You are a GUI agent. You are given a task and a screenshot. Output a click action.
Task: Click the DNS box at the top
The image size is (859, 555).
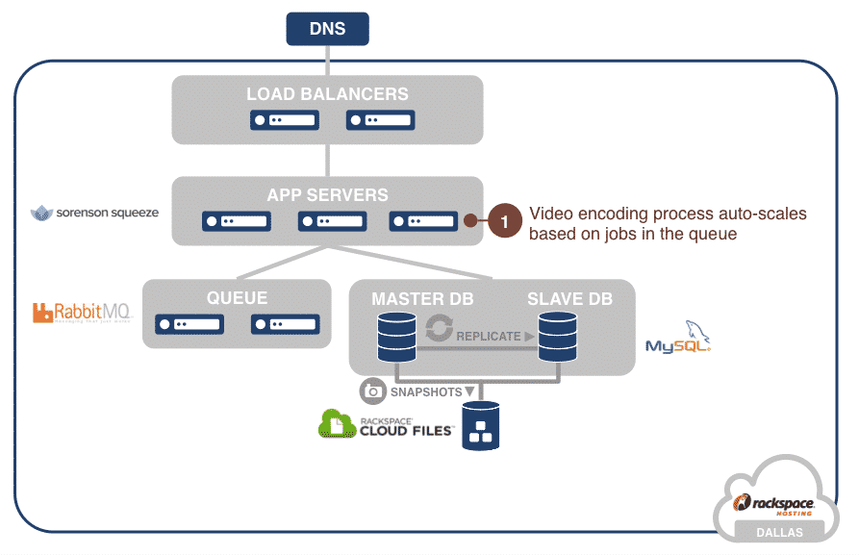coord(328,28)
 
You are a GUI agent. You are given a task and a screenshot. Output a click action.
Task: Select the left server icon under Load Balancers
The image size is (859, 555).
coord(284,120)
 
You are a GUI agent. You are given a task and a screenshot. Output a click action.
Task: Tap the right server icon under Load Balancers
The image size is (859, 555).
coord(380,120)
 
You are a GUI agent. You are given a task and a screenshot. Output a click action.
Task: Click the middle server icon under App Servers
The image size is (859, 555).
coord(331,221)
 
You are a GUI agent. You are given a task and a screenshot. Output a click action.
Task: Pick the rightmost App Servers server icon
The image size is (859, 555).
coord(423,221)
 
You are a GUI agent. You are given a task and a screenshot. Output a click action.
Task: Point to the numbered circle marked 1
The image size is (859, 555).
coord(504,221)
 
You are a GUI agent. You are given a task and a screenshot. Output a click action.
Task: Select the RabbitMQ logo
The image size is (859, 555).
coord(81,312)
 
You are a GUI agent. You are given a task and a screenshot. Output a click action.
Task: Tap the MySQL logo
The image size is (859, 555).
coord(679,341)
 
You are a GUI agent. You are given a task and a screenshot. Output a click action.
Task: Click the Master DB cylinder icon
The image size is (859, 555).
coord(395,333)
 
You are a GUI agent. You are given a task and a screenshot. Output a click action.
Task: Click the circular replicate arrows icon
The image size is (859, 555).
coord(439,328)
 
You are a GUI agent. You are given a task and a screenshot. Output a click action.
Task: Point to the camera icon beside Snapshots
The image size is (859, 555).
coord(372,391)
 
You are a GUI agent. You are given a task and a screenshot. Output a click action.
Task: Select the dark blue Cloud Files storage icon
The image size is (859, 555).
coord(481,426)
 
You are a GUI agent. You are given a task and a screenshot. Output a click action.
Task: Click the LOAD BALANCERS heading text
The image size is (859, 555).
coord(327,94)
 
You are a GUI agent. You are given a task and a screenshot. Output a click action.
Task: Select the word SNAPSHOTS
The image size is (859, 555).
coord(425,392)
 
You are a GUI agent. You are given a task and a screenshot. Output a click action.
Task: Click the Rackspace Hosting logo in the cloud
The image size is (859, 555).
coord(775,504)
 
